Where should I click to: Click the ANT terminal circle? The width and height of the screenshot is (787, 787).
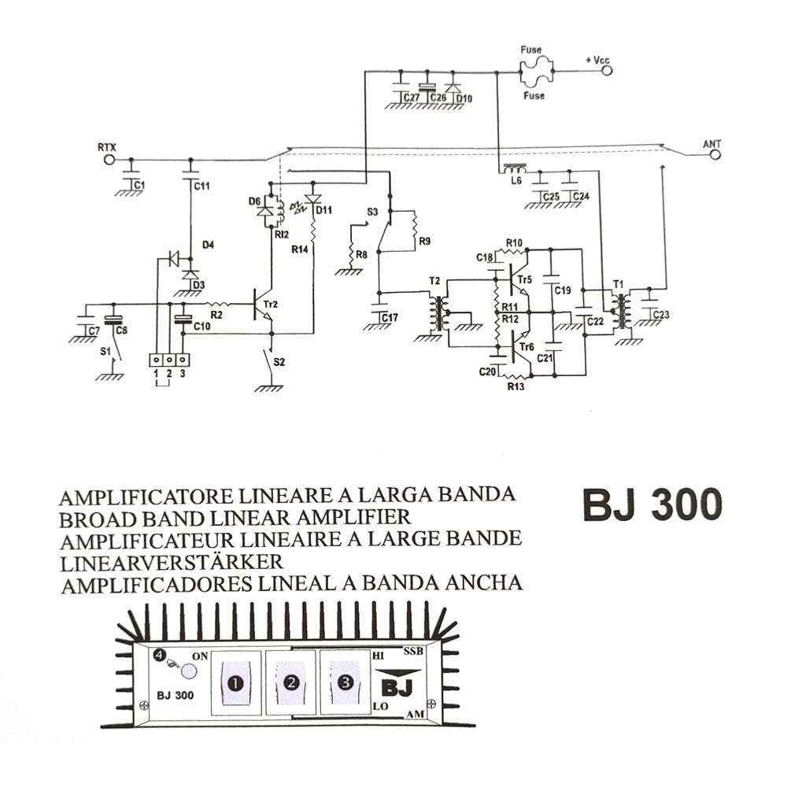(x=715, y=156)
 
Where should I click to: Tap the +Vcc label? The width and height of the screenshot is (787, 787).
(x=596, y=60)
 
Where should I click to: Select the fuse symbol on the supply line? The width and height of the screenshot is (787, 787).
(x=534, y=72)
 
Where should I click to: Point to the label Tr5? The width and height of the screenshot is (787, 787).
(x=525, y=279)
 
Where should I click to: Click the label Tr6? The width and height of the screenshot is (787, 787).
(x=525, y=348)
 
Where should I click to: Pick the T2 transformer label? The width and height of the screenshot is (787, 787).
(x=434, y=283)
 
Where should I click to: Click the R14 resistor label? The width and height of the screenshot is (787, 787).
(x=298, y=248)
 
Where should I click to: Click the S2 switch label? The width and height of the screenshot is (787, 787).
(x=279, y=363)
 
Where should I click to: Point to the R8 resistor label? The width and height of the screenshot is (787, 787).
(x=361, y=255)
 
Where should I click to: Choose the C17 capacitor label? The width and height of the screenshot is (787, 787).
(x=389, y=318)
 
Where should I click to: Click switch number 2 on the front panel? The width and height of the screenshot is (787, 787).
(x=290, y=682)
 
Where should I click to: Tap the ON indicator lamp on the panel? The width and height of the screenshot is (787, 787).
(x=189, y=671)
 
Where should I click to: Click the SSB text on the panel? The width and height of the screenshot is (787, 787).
(x=413, y=652)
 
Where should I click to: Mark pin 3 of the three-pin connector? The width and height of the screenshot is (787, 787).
(x=183, y=360)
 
